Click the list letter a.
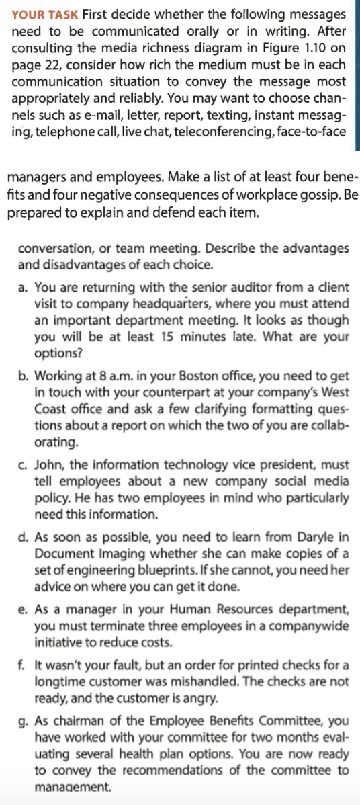[23, 287]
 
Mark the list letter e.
[23, 611]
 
